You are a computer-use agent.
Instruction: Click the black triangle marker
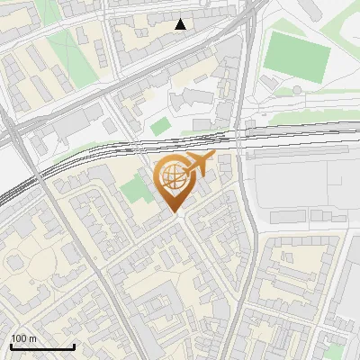[x=181, y=24]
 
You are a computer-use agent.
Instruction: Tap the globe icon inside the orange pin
[x=174, y=178]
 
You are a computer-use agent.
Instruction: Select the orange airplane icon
[x=201, y=165]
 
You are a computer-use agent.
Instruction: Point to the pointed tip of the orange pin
[x=175, y=212]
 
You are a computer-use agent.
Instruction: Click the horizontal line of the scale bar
[x=42, y=347]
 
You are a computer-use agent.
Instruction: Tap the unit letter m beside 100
[x=33, y=338]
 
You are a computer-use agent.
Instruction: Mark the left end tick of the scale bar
[x=11, y=346]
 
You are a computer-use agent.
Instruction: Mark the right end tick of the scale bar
[x=74, y=346]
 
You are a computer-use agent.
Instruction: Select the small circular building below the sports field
[x=296, y=91]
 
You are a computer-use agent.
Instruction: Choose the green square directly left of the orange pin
[x=135, y=190]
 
